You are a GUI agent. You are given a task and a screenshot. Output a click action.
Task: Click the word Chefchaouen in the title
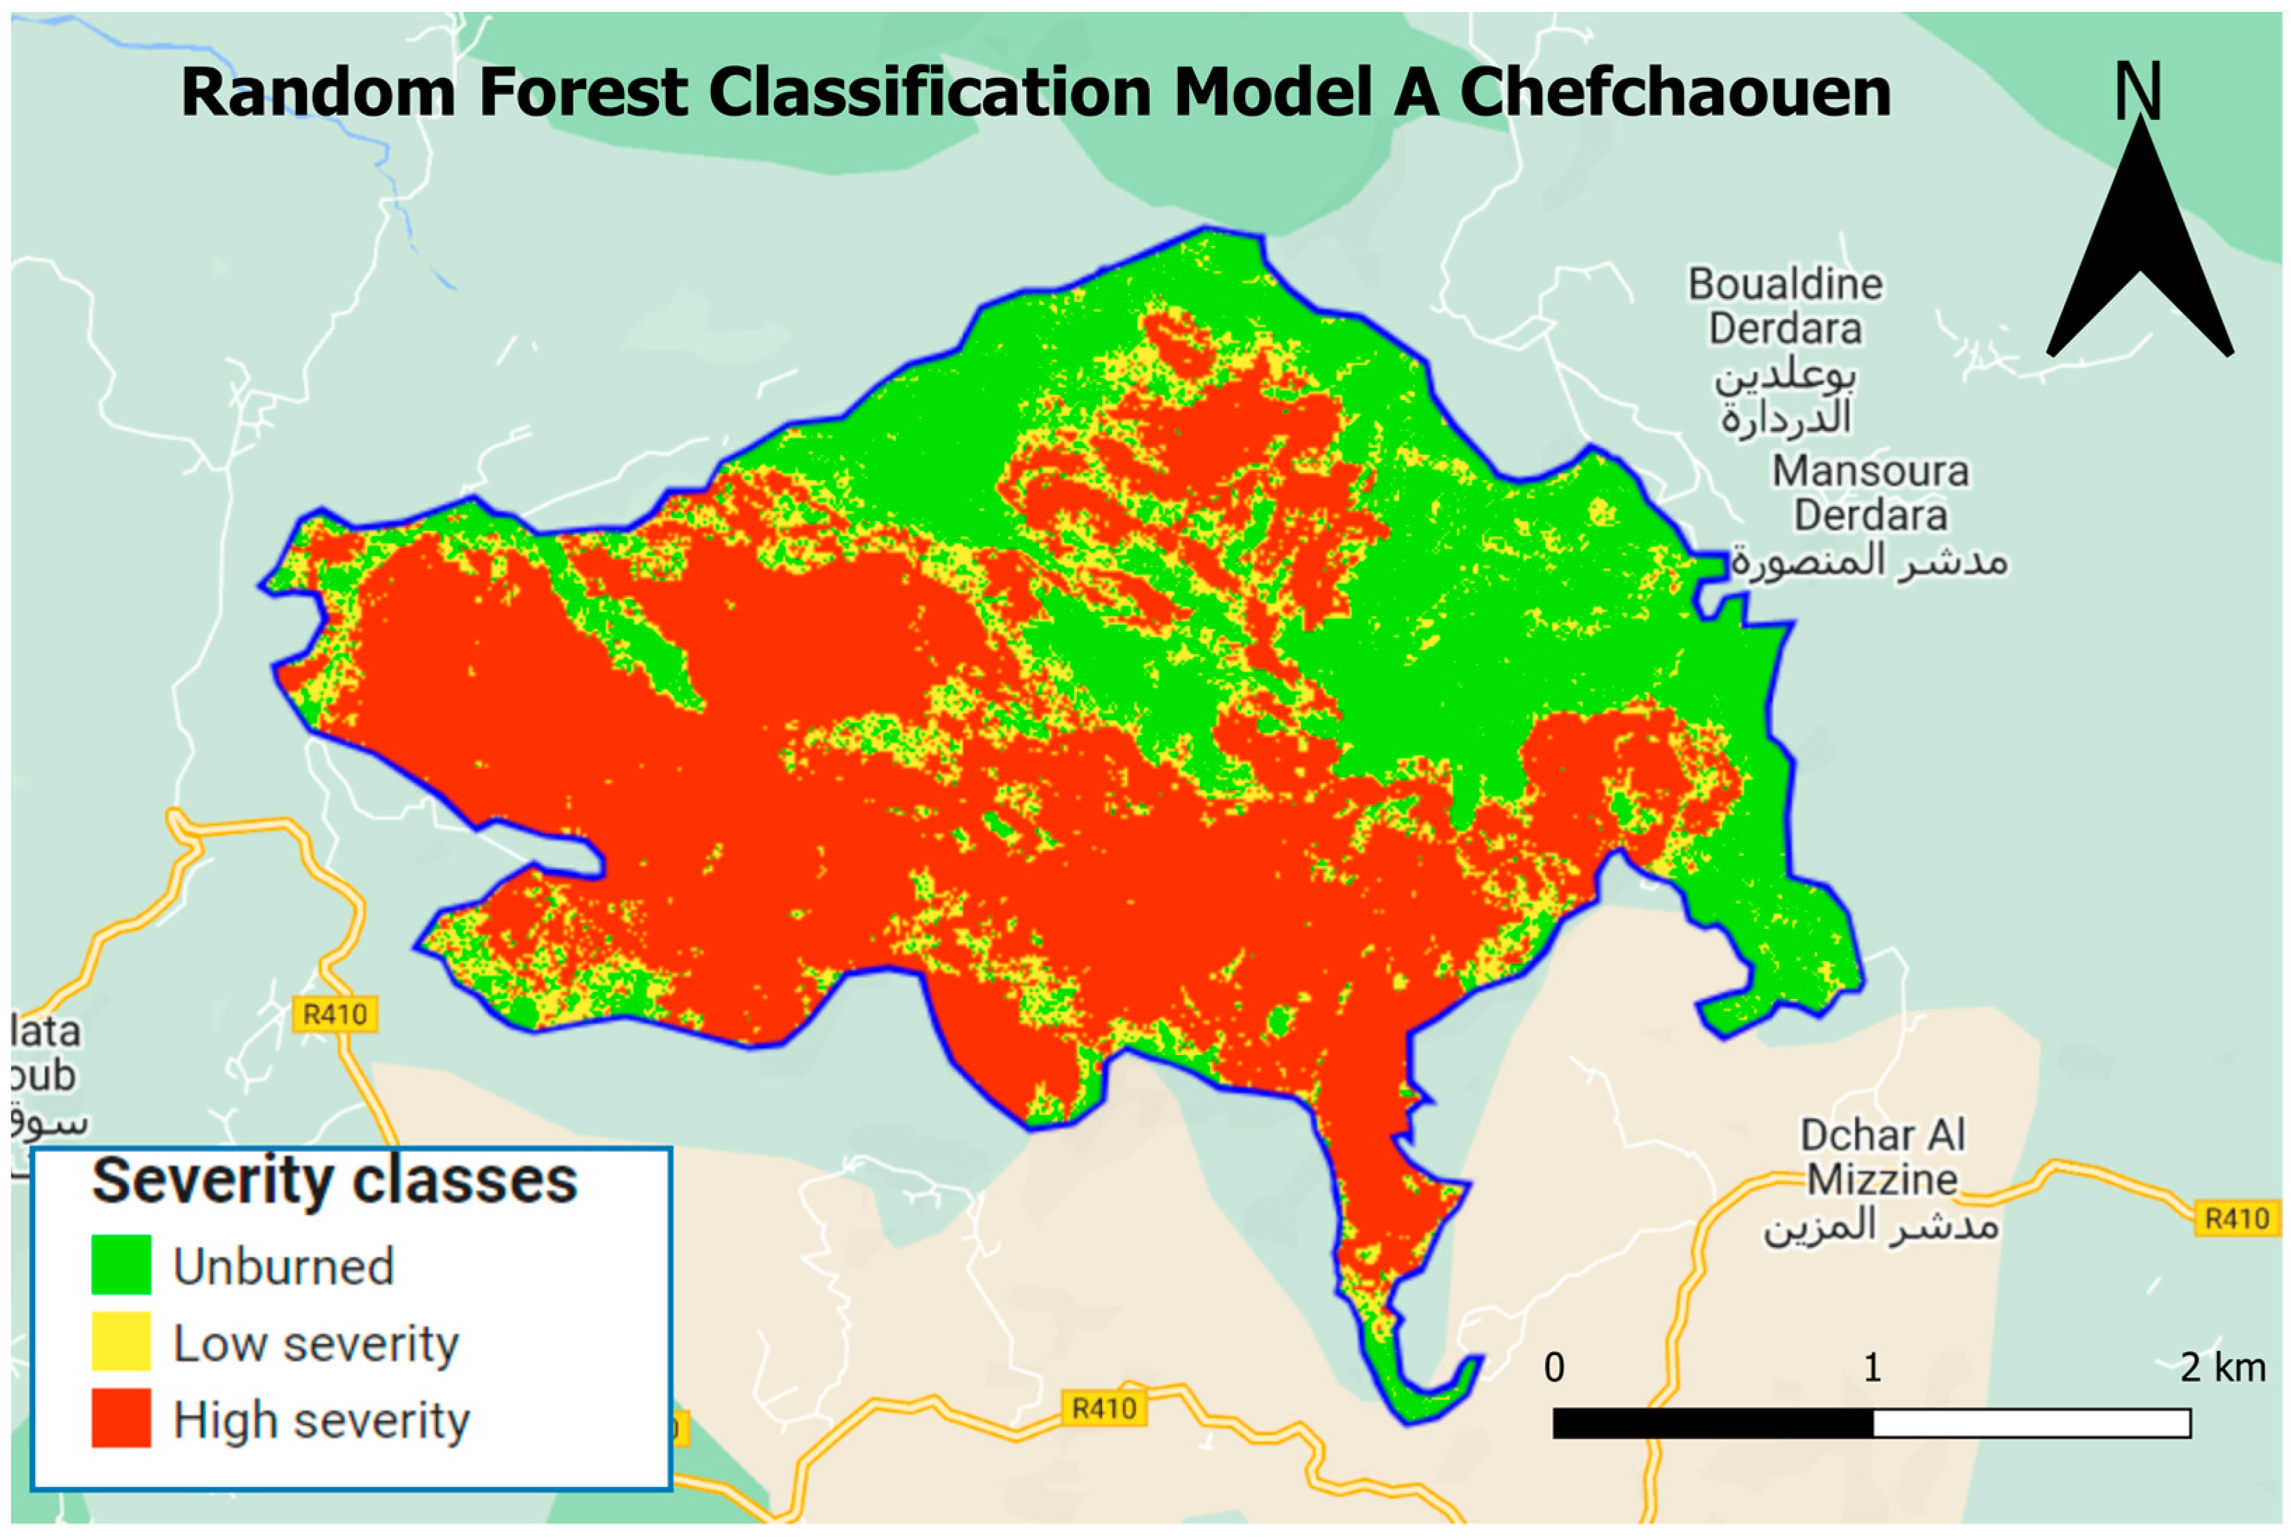click(x=1674, y=93)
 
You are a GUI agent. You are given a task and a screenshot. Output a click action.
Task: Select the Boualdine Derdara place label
click(x=1784, y=306)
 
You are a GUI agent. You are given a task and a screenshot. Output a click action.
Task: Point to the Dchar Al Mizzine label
click(x=1881, y=1157)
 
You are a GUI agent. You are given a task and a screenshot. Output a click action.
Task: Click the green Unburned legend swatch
click(x=121, y=1265)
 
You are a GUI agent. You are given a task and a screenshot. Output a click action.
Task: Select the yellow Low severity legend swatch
click(x=121, y=1341)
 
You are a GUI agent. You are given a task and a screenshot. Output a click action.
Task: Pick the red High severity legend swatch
click(x=121, y=1417)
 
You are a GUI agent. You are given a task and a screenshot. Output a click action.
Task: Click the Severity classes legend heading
click(x=334, y=1180)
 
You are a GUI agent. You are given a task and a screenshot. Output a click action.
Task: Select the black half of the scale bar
click(x=1713, y=1423)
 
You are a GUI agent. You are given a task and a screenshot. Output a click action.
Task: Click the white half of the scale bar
click(x=2031, y=1423)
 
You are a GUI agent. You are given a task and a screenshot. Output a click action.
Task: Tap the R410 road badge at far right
click(x=2236, y=1219)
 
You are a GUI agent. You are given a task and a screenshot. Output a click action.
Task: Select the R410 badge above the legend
click(x=334, y=1014)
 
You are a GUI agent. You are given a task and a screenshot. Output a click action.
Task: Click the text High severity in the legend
click(x=322, y=1420)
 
